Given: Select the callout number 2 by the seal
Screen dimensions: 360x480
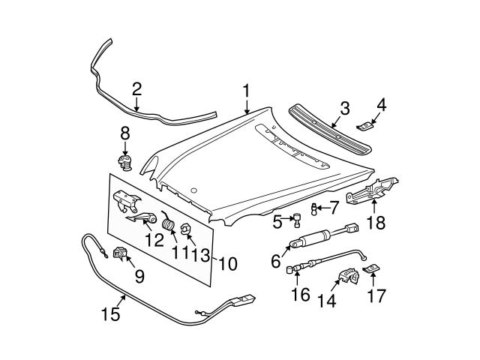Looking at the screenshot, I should (136, 89).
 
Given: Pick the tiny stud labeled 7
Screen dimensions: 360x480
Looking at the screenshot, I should (315, 208).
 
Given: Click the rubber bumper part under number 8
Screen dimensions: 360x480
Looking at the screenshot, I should (124, 162).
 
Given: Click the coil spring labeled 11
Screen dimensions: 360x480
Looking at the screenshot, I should (169, 223).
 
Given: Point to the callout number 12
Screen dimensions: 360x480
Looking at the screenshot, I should (154, 241).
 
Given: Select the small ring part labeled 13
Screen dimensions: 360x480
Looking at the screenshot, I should (187, 229).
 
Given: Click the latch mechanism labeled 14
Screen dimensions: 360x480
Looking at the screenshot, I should (346, 277).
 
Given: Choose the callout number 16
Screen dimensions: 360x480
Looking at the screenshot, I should (299, 294).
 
